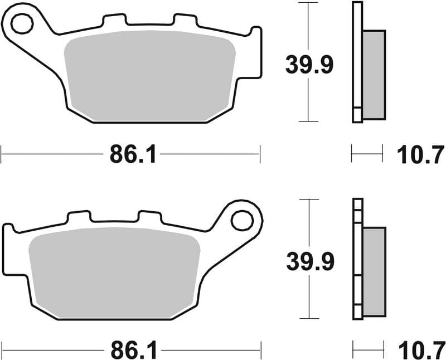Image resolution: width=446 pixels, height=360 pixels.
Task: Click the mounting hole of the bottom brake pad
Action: pos(241,220)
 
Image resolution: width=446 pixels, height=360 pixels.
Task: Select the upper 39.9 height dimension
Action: pos(309,65)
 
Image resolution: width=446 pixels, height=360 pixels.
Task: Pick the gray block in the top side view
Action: pos(374,75)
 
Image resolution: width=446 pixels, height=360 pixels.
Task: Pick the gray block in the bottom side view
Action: pos(374,273)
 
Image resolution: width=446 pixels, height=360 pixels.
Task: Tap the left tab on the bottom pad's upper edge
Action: pos(79,217)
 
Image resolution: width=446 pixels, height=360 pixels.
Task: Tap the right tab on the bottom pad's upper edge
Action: pos(149,217)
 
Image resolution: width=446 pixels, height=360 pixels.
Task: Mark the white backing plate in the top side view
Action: pos(357,61)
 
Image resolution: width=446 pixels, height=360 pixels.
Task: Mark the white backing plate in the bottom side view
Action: pos(357,259)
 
